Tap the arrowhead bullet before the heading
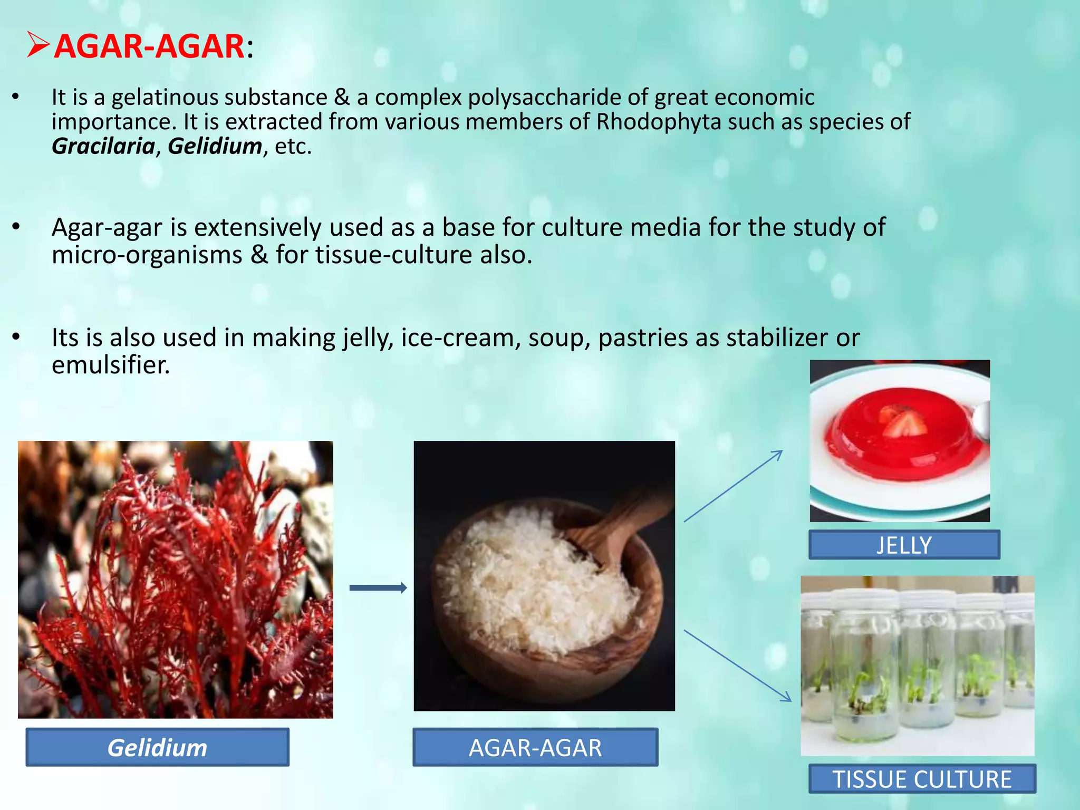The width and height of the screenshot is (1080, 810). pyautogui.click(x=38, y=45)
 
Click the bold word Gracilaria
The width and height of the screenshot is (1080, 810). pyautogui.click(x=103, y=146)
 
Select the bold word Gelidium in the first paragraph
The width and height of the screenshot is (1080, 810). pyautogui.click(x=215, y=146)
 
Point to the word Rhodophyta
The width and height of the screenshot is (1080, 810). pyautogui.click(x=658, y=122)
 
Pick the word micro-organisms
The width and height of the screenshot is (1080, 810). pyautogui.click(x=147, y=255)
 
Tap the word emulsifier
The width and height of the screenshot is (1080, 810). pyautogui.click(x=110, y=365)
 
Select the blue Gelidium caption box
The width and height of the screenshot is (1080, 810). pyautogui.click(x=157, y=747)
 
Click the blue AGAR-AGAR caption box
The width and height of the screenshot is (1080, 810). pyautogui.click(x=535, y=747)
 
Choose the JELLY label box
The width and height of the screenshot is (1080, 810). pyautogui.click(x=903, y=545)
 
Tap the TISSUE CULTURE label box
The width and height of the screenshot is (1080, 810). pyautogui.click(x=922, y=779)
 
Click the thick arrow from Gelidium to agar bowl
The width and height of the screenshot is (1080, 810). pyautogui.click(x=378, y=588)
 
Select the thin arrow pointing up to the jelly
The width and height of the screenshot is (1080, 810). pyautogui.click(x=733, y=486)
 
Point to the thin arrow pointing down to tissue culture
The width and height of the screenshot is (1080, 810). pyautogui.click(x=737, y=666)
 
